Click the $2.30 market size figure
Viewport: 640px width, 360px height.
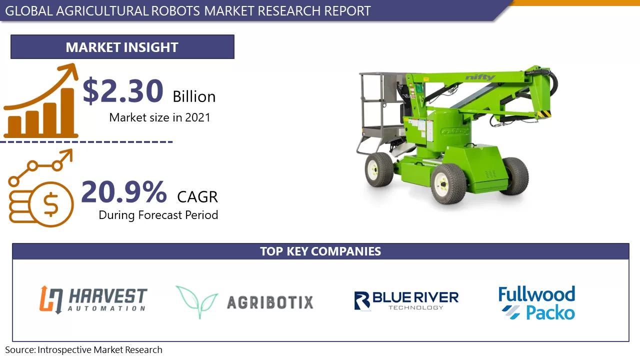[x=123, y=91]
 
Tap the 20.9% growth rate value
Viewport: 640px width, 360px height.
[x=123, y=192]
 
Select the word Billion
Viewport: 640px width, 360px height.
[x=194, y=96]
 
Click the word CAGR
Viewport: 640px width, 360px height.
[x=197, y=197]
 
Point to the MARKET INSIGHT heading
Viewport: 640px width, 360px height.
[x=122, y=47]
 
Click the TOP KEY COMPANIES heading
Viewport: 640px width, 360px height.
[x=320, y=251]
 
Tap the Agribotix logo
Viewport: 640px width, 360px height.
[x=244, y=302]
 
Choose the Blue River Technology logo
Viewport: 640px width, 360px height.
[x=406, y=300]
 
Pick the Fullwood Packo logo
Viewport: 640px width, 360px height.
[x=536, y=303]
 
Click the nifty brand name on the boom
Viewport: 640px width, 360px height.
[x=479, y=77]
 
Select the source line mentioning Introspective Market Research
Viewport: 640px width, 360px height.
[x=84, y=350]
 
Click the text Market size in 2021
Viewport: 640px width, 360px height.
[x=159, y=117]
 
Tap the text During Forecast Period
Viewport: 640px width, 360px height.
[x=158, y=215]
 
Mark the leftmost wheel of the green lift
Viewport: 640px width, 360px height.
[x=378, y=169]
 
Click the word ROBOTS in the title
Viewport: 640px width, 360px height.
[x=177, y=10]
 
